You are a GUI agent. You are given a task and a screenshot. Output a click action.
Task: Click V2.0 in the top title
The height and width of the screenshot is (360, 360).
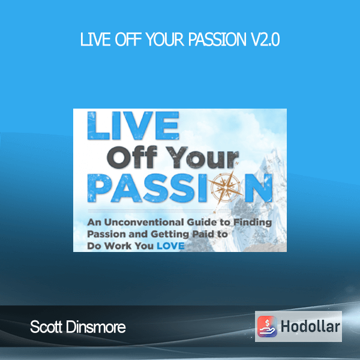(265, 40)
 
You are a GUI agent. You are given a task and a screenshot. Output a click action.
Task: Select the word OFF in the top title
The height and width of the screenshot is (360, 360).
(128, 40)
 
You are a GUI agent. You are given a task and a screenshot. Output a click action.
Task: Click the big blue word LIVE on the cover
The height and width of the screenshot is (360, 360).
(133, 125)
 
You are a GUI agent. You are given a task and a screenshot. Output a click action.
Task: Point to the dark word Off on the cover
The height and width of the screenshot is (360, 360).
(132, 157)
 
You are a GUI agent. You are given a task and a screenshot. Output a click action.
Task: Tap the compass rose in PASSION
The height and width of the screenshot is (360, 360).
(226, 188)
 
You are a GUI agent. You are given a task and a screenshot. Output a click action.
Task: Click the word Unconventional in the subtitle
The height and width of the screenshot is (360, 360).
(144, 222)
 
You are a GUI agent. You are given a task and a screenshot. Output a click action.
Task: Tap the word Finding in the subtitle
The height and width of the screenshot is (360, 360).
(253, 223)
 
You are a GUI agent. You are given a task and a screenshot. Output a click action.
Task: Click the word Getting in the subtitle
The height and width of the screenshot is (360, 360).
(170, 235)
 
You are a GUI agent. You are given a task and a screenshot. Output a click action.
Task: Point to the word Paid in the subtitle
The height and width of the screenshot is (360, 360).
(200, 234)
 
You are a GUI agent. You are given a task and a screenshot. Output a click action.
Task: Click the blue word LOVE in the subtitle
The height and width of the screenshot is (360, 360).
(170, 246)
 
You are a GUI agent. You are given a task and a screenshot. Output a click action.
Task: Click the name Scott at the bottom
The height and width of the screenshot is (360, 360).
(46, 327)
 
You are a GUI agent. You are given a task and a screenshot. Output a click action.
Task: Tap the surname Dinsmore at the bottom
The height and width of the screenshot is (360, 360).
(96, 327)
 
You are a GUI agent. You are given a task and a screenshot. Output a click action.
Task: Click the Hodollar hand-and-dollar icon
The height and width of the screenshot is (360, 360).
(267, 326)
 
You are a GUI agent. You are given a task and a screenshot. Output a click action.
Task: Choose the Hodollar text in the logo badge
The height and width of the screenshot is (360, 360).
(310, 326)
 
